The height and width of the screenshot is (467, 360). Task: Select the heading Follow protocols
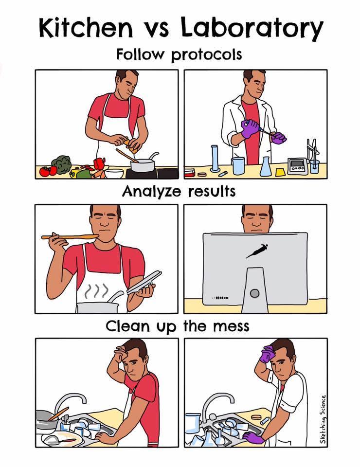tap(179, 54)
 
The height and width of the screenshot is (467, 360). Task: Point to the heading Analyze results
tap(179, 191)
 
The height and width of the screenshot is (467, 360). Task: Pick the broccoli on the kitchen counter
tap(62, 164)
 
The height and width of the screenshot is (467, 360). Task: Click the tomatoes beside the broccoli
tap(48, 171)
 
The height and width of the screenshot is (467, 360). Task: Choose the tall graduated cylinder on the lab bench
tap(215, 159)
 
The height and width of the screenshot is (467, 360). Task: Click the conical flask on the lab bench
tap(265, 166)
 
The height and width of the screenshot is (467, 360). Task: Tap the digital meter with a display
tap(297, 166)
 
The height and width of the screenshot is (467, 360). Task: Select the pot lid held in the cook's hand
tap(144, 282)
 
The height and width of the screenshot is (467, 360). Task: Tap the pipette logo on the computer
tap(256, 250)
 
